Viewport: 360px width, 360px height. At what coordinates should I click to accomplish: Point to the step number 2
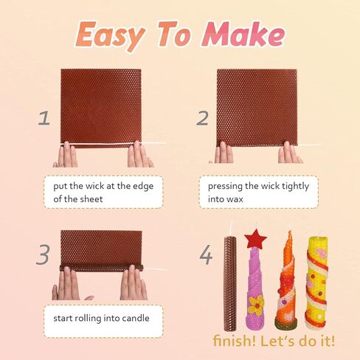pos(201,117)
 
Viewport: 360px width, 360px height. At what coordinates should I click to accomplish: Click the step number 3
pos(44,255)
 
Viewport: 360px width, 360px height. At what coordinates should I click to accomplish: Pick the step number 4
pos(205,255)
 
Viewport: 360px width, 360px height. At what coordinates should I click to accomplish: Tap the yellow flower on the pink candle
pos(255,304)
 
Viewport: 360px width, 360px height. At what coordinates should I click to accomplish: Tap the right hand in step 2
pos(288,153)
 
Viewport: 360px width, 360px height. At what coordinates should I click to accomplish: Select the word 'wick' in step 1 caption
pos(100,187)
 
